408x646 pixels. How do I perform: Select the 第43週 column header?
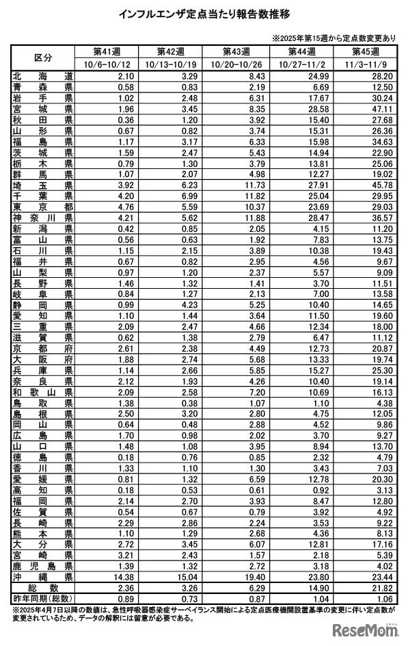click(x=236, y=51)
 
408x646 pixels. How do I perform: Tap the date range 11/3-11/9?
click(x=367, y=63)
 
